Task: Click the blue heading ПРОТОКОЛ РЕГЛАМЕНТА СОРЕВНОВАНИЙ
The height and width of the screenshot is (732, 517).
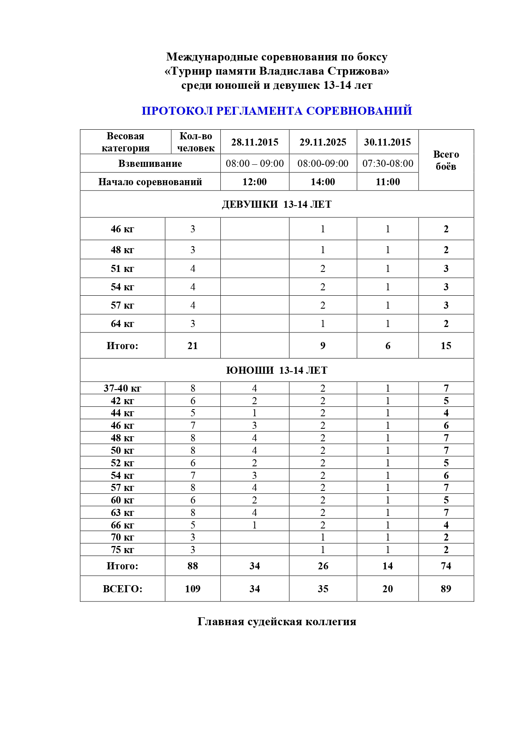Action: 277,111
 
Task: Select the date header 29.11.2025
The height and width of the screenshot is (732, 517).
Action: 323,142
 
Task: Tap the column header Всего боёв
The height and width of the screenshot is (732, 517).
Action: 446,160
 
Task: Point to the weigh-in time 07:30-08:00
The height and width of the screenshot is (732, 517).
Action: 387,164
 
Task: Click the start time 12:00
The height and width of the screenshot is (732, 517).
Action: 255,182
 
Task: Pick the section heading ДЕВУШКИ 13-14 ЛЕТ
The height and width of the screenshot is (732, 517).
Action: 277,204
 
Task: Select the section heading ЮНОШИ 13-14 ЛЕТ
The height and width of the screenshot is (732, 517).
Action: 277,370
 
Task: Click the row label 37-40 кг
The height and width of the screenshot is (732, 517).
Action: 122,388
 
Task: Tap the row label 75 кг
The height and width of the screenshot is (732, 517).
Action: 122,550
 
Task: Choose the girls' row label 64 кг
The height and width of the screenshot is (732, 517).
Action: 122,324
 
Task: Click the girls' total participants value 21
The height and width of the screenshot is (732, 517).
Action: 192,346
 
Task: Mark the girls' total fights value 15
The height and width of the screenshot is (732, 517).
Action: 446,346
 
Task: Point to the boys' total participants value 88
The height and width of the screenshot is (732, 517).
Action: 192,566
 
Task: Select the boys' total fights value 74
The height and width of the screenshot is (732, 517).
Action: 446,566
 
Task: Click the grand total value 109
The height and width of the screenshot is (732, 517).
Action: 192,589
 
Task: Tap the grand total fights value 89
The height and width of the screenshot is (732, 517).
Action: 446,589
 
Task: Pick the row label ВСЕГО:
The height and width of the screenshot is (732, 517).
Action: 122,589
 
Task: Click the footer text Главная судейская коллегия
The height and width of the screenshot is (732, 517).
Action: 277,622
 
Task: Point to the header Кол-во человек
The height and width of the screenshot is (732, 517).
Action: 196,142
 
